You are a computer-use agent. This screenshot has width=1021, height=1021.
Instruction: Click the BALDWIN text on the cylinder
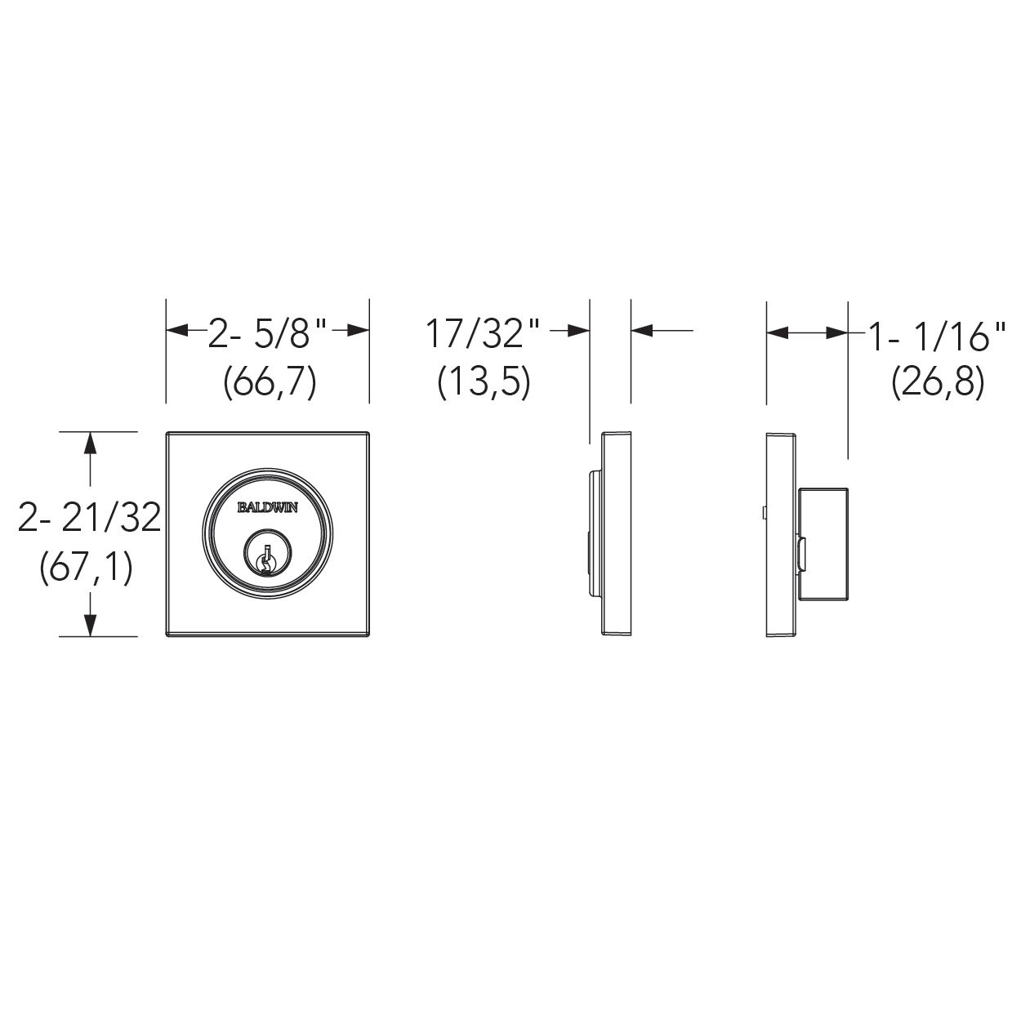[x=268, y=507]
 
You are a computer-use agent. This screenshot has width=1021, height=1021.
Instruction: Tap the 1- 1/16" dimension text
[x=936, y=337]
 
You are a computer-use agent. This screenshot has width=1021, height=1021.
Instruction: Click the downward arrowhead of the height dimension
[x=90, y=622]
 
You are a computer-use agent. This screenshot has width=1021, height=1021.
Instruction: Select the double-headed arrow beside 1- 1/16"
[x=806, y=332]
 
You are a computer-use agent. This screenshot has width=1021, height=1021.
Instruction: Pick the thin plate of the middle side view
[x=617, y=533]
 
